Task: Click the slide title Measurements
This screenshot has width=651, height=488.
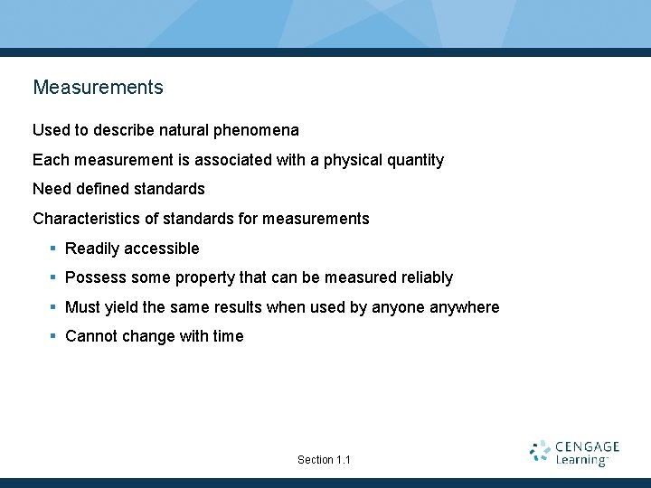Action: point(98,88)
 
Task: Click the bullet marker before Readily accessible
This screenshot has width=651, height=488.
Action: point(53,249)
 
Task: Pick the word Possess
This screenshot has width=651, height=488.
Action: point(96,277)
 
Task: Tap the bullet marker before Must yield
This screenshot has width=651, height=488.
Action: point(53,307)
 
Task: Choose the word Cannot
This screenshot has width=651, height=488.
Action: point(93,336)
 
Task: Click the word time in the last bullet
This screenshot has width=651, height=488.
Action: point(228,336)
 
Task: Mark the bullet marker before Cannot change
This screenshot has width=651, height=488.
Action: point(53,336)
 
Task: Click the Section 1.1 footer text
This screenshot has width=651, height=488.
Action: point(324,460)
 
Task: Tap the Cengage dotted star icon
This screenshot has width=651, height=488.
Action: point(540,452)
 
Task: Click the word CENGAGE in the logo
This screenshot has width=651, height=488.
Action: point(587,446)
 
